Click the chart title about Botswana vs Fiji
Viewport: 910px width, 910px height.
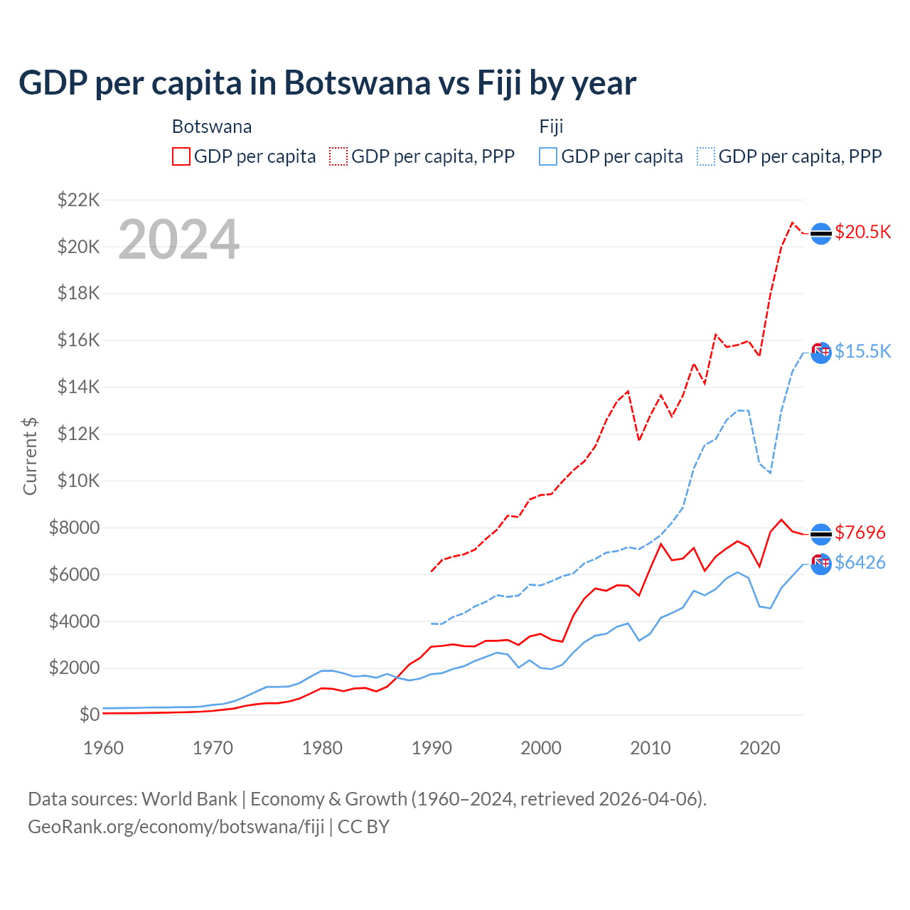click(x=327, y=82)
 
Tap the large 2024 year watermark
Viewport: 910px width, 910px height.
click(x=178, y=240)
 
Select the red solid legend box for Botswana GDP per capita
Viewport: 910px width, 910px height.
click(x=181, y=156)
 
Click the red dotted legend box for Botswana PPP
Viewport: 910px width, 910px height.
click(x=338, y=156)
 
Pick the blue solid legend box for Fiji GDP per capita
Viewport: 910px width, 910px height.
click(x=548, y=156)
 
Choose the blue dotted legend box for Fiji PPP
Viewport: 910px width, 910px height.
click(x=706, y=156)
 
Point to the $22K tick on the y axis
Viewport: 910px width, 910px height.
click(x=78, y=200)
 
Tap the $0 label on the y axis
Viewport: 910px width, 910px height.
click(x=89, y=714)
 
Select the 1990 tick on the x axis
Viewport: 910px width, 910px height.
click(x=432, y=748)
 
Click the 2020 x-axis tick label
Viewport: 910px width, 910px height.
click(x=760, y=748)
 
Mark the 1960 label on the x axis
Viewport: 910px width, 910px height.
click(x=104, y=748)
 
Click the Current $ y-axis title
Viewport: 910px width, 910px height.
click(x=30, y=456)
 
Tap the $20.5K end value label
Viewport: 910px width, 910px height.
click(x=862, y=232)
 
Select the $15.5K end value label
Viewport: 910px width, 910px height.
click(x=862, y=351)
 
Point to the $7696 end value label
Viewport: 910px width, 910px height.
click(x=860, y=532)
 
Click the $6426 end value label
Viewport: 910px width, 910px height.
click(x=860, y=562)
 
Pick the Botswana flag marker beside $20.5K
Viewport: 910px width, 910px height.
click(x=821, y=233)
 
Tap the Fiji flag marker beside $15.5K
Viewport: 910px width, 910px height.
click(x=821, y=352)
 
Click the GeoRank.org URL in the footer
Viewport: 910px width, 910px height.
click(x=176, y=827)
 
